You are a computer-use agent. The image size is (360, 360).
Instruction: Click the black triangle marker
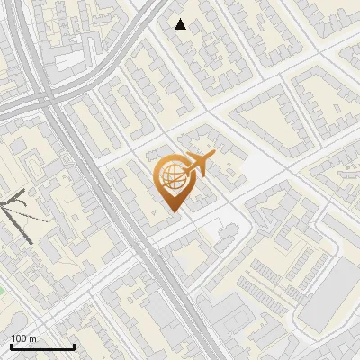point(181,24)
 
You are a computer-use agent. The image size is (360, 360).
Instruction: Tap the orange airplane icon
point(198,165)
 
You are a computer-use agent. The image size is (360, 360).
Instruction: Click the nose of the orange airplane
point(214,155)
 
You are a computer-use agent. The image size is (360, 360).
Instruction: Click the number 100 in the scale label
point(18,338)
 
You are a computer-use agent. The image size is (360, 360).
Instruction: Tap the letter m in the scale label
point(32,338)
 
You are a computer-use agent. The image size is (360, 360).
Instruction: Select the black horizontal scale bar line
point(42,347)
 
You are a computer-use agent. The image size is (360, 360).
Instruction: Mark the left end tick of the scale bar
point(11,346)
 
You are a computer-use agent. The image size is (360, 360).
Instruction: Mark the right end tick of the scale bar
point(74,346)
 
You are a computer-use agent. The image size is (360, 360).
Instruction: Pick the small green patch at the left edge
point(2,290)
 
